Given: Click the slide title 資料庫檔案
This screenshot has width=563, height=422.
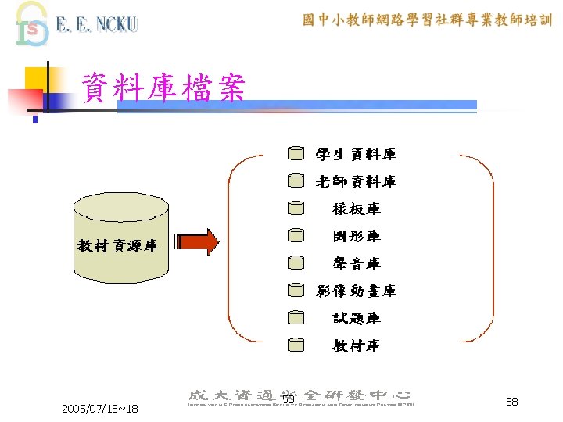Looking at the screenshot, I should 163,89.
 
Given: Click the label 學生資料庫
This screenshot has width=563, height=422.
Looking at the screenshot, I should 355,155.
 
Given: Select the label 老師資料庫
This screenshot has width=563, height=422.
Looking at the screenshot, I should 355,182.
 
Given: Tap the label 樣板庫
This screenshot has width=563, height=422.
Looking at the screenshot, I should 356,209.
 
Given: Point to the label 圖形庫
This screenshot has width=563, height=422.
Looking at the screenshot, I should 356,236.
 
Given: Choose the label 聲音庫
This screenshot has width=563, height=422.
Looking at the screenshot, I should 356,263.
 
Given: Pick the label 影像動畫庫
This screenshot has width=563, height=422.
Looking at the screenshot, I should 355,291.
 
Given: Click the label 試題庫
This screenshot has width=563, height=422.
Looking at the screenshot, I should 356,318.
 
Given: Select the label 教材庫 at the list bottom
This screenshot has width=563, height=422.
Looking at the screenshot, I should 356,345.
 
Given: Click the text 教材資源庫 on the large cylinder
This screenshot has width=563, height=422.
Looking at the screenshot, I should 117,246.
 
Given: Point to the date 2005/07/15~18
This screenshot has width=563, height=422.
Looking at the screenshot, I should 99,409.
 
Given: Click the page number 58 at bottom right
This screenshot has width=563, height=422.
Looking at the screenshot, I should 512,401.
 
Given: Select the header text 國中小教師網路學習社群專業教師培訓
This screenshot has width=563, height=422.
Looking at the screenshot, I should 427,20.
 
